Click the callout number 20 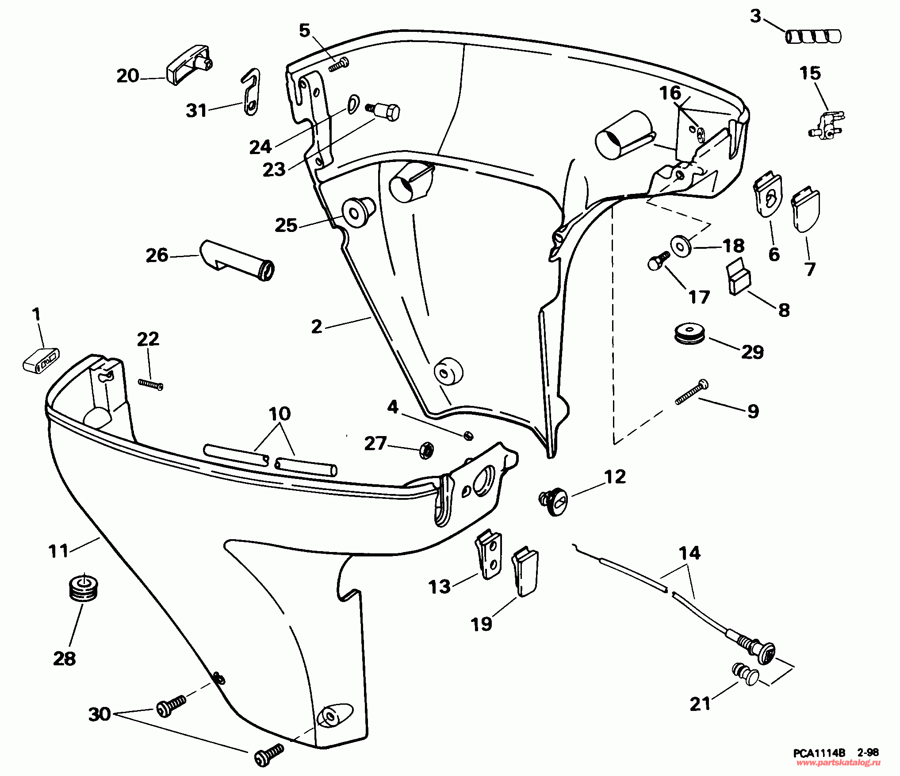click(x=128, y=76)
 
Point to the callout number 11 click(x=58, y=551)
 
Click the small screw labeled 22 click(x=150, y=385)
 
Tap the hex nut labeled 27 click(x=426, y=450)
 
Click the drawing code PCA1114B click(x=819, y=753)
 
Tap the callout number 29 click(x=752, y=352)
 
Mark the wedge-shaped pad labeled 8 click(x=739, y=278)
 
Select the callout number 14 click(x=689, y=553)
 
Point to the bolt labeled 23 click(x=386, y=111)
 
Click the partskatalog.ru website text click(x=838, y=763)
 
